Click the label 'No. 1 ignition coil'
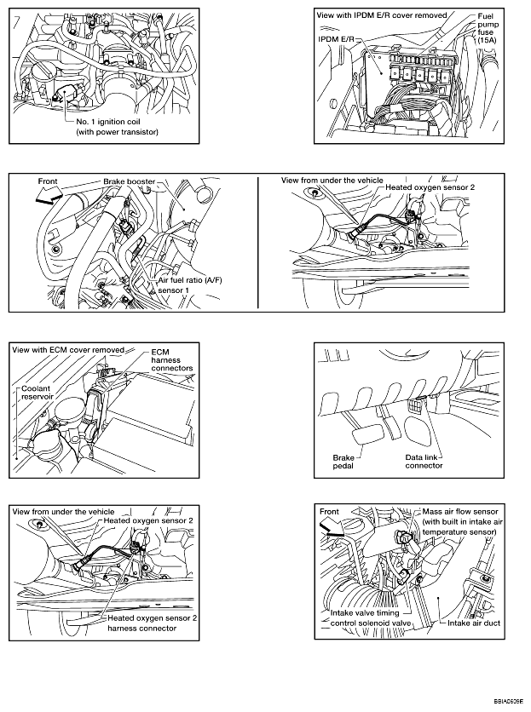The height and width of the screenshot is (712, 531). coord(108,122)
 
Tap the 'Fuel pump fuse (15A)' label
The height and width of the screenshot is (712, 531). coord(488,28)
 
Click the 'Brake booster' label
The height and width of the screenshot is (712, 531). coord(129,181)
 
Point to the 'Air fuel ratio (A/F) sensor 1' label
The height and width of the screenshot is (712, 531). coord(190,285)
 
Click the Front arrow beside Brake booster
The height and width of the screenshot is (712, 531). coord(49,195)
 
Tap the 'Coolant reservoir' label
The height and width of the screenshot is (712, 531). coord(38,393)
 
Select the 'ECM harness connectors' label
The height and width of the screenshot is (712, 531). coord(172,360)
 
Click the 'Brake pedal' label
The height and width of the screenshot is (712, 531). coord(343,462)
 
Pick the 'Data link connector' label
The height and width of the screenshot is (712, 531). coord(424,462)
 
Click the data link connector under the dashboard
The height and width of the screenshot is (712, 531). coord(414,405)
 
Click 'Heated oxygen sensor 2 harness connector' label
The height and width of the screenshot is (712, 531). coord(153,623)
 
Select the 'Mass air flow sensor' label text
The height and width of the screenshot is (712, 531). coord(460,512)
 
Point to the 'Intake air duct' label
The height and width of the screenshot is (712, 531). coord(474,623)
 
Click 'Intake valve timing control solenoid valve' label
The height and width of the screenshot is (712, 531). coord(371,618)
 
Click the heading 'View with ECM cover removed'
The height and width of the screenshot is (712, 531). coord(68,350)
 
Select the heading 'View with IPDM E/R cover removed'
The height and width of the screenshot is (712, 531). coord(382,15)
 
